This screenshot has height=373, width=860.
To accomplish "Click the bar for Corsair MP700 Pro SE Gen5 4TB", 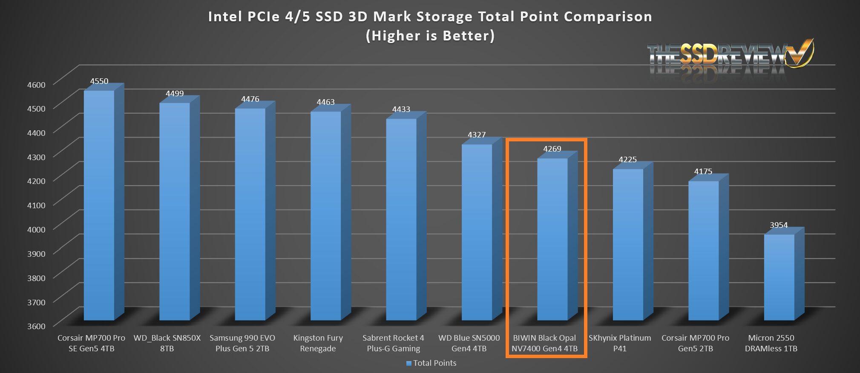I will [x=99, y=204].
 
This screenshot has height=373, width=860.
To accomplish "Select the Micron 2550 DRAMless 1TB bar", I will [x=779, y=277].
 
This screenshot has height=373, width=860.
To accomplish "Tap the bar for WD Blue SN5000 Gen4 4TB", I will [x=477, y=232].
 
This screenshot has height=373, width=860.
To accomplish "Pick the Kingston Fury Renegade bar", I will [x=325, y=215].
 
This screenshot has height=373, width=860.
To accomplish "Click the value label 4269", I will [x=552, y=149].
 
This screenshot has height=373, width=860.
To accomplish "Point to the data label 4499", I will [x=175, y=94].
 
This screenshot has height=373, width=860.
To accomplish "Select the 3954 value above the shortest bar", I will [x=779, y=225].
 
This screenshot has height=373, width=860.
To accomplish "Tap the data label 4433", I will [x=401, y=109].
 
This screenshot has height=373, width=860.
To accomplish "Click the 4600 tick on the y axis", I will [x=36, y=85].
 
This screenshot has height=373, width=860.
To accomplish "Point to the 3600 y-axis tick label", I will [x=36, y=326].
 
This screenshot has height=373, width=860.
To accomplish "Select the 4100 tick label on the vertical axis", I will [x=36, y=205].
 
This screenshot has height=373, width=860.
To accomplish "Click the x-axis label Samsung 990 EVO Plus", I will [x=242, y=343].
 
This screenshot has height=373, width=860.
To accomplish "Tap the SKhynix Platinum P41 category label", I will [x=620, y=343].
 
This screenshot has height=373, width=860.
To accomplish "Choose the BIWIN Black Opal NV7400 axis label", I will [x=544, y=343].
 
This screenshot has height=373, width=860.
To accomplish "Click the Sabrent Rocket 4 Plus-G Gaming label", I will [x=393, y=343].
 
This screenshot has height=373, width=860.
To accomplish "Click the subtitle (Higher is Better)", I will [x=430, y=36].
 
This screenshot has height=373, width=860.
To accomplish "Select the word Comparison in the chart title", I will [x=608, y=17].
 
